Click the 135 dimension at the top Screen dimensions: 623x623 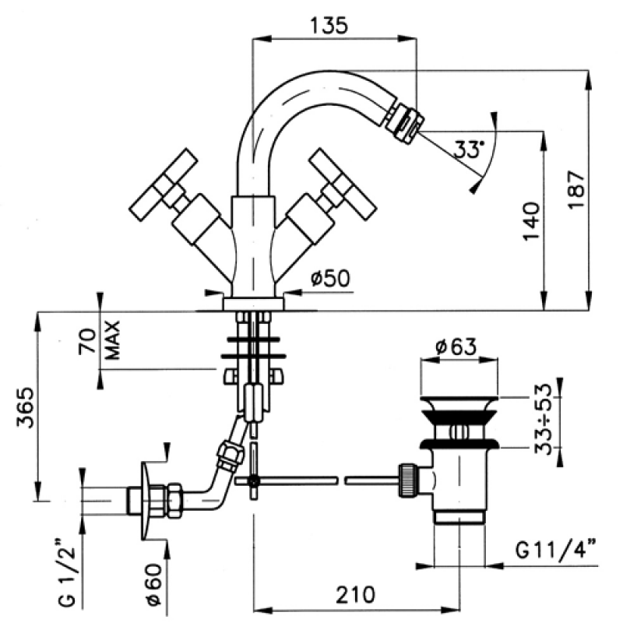329,25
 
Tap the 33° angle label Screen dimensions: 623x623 469,150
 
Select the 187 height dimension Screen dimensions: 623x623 576,189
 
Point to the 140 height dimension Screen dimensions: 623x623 531,221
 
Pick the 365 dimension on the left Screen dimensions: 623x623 26,407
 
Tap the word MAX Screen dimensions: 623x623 113,340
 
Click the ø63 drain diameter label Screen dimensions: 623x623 456,347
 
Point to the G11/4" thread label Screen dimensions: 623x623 555,550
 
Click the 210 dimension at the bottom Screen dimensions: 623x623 356,594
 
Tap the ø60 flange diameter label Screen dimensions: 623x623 154,585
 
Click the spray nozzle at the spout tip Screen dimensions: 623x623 405,121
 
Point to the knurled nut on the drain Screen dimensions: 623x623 408,480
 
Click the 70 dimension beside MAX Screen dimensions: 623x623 87,341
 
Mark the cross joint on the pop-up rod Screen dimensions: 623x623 254,480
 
